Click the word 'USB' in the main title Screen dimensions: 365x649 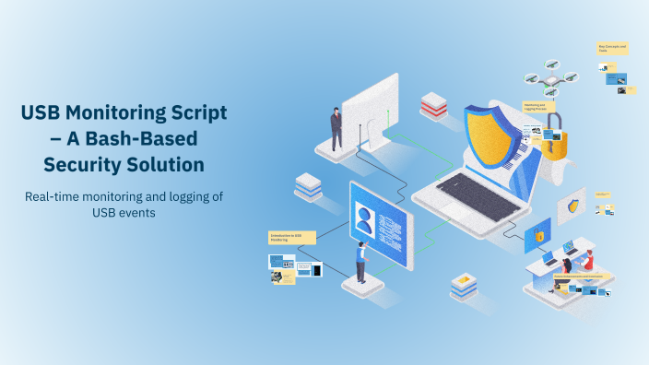(43, 114)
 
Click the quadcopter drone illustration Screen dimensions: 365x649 (549, 79)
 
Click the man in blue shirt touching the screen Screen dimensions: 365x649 (360, 264)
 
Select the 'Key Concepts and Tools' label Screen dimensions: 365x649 (611, 48)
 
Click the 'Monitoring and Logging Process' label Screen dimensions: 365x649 (535, 108)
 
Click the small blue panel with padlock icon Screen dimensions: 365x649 (537, 236)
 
